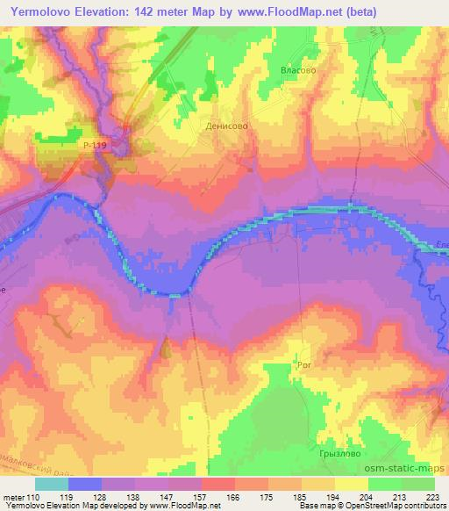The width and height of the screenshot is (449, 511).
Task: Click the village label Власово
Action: [x=296, y=69]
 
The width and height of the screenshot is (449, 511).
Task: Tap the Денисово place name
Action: [x=227, y=126]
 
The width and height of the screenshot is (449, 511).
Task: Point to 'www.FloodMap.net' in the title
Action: [x=313, y=10]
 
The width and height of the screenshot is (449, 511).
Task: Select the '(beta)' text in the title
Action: [x=390, y=10]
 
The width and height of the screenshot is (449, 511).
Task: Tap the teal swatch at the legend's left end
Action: [x=51, y=483]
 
